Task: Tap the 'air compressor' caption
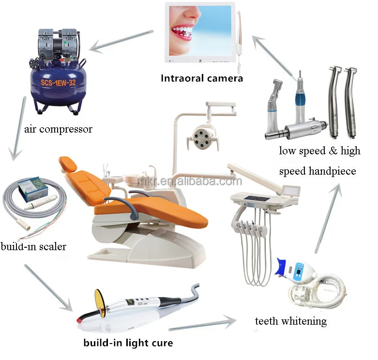[x=58, y=129]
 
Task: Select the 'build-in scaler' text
[x=33, y=247]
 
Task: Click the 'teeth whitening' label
[x=291, y=321]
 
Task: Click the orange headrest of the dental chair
[x=69, y=165]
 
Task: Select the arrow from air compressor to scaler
[x=18, y=128]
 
